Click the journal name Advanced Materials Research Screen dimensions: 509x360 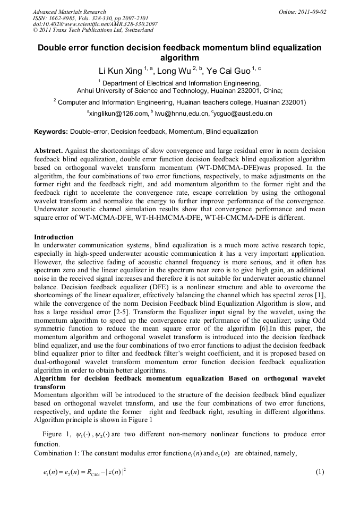click(x=69, y=12)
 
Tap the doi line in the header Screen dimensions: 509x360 click(x=95, y=24)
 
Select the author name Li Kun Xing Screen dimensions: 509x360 click(x=121, y=71)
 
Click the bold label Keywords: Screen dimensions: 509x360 click(x=51, y=132)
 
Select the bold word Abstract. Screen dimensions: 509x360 click(x=49, y=150)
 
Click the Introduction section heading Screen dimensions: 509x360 click(x=54, y=237)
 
